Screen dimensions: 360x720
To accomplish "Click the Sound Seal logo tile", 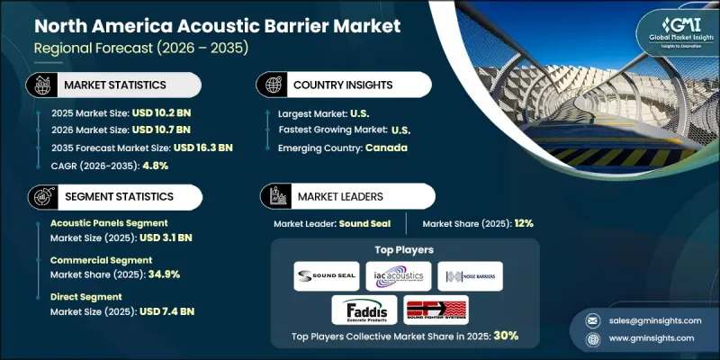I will point(326,276).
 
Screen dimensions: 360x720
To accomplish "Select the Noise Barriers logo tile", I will point(471,276).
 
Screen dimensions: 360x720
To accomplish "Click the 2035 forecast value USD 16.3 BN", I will point(202,148).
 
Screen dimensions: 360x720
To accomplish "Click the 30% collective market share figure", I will point(505,336).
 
